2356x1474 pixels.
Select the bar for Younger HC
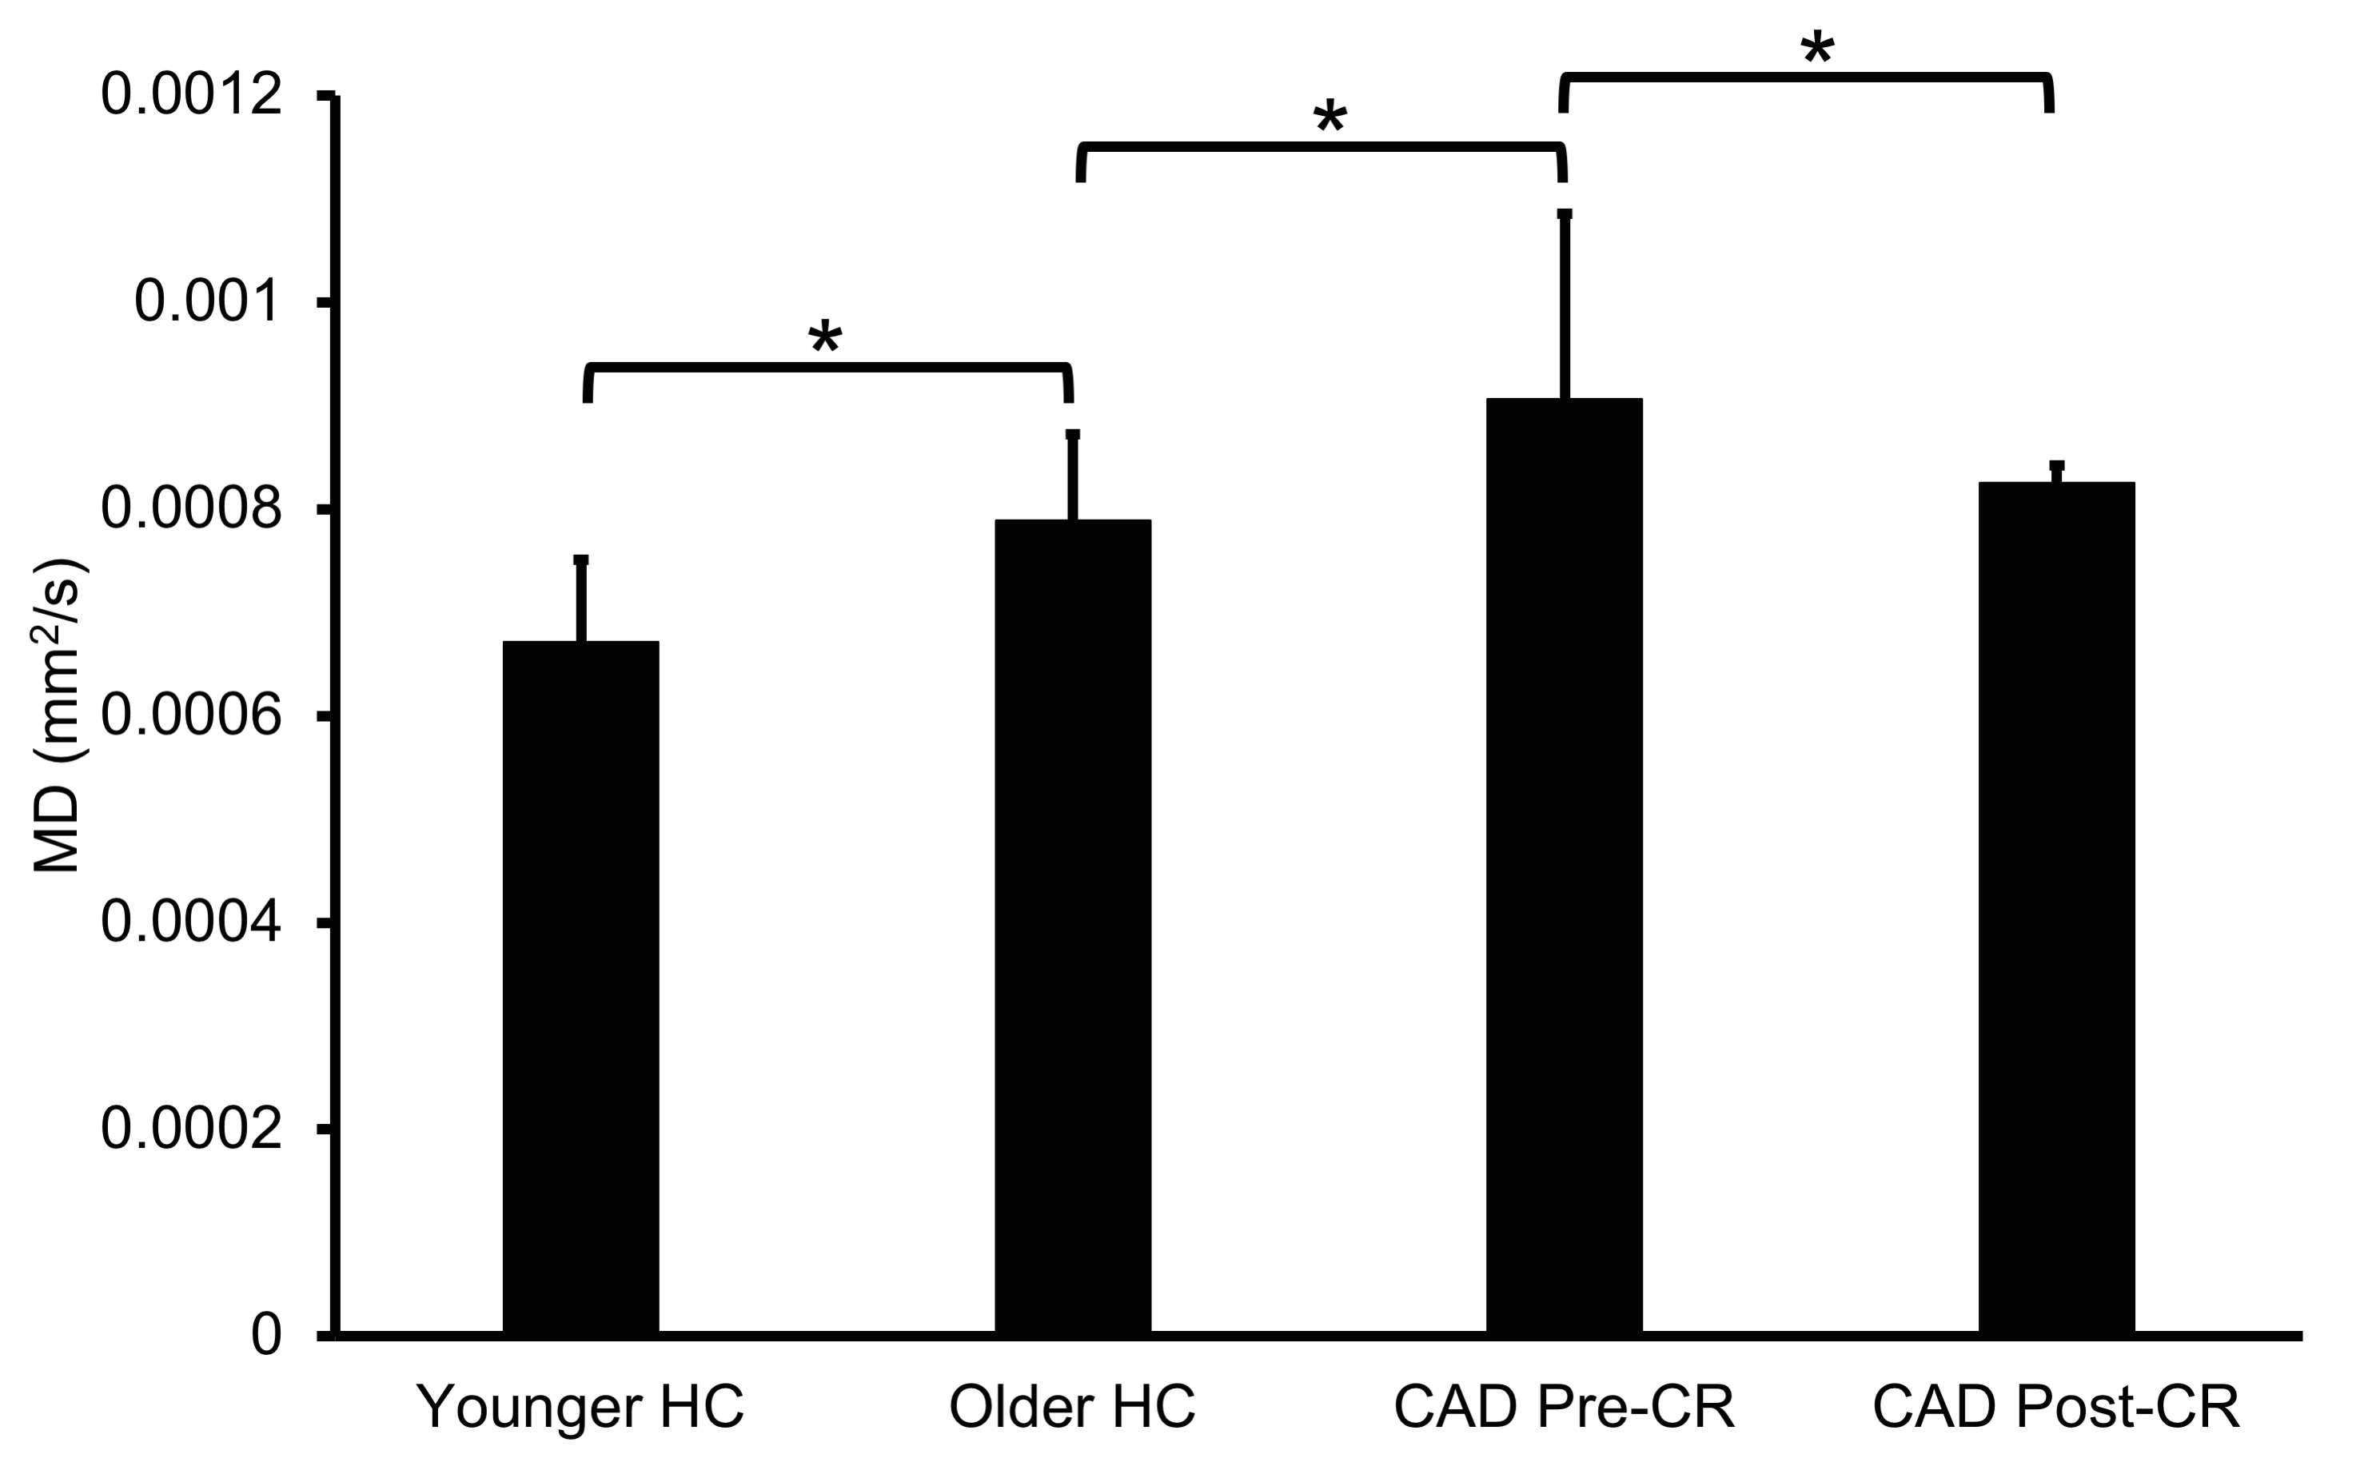(x=581, y=985)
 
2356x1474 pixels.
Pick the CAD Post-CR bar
(x=2057, y=906)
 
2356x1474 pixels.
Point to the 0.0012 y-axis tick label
(x=191, y=96)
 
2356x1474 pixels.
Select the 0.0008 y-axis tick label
(x=191, y=509)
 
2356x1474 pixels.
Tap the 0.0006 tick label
(x=191, y=715)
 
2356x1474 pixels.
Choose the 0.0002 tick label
(x=191, y=1129)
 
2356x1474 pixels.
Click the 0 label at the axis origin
(x=266, y=1335)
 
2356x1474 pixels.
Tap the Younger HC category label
(x=581, y=1406)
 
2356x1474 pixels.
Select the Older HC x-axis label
(x=1072, y=1406)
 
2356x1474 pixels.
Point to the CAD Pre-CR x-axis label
(x=1564, y=1406)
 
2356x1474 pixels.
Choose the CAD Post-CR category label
(x=2057, y=1406)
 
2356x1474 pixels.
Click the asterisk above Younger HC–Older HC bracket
(x=825, y=337)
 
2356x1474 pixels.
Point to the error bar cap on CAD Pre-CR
(x=1565, y=213)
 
